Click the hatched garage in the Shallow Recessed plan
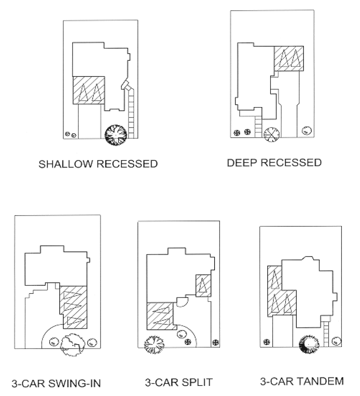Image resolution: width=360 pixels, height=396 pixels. point(88,90)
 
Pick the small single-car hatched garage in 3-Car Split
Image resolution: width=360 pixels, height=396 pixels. point(202,285)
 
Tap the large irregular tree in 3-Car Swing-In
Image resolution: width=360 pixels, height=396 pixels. point(73,344)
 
